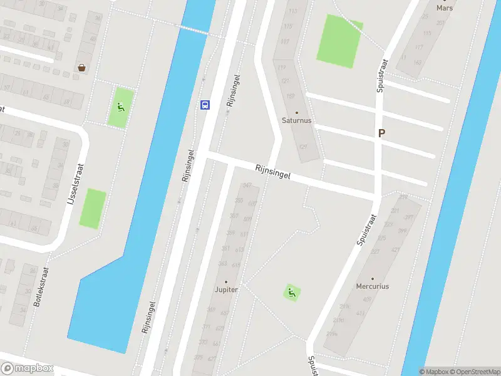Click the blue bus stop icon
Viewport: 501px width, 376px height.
point(205,105)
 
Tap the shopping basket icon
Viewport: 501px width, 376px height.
point(82,68)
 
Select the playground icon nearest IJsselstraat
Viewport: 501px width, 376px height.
point(120,107)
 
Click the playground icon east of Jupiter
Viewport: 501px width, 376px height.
point(291,292)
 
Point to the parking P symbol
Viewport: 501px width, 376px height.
point(381,133)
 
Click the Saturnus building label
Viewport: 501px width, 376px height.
point(297,120)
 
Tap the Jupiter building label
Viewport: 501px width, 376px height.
point(226,290)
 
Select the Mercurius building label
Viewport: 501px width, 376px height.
point(373,286)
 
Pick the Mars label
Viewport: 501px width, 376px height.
point(445,8)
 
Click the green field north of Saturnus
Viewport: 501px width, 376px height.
point(339,41)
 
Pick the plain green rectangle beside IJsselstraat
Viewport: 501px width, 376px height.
point(93,208)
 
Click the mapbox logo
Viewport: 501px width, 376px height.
point(27,368)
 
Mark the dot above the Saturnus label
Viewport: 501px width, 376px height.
point(297,113)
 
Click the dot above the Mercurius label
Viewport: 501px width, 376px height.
point(373,279)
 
